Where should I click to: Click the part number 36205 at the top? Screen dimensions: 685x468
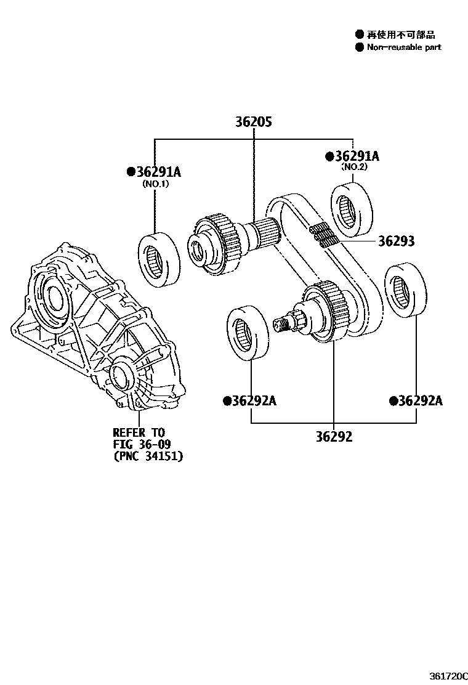point(253,122)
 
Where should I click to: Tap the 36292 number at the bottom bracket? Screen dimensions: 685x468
point(334,437)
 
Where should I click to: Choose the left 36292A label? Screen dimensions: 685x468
point(250,402)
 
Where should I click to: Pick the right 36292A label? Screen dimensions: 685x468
point(416,401)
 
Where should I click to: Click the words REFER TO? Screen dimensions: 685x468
point(139,433)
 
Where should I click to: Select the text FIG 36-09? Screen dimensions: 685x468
point(142,444)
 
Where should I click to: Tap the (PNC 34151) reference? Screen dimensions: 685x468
point(148,456)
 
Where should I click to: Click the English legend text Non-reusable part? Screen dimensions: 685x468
point(403,47)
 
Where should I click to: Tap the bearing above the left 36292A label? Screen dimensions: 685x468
point(248,333)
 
